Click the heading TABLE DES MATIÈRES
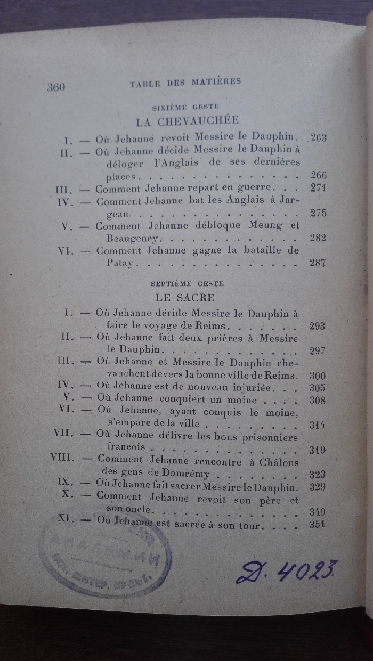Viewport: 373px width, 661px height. (x=185, y=82)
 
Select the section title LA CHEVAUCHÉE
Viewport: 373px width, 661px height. (x=186, y=121)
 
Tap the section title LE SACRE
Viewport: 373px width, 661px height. (x=185, y=297)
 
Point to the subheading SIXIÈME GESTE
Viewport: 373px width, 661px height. (x=185, y=107)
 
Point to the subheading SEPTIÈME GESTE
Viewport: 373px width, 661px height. (x=187, y=283)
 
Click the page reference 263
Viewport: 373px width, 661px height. (x=318, y=138)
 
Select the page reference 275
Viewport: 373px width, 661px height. (x=318, y=213)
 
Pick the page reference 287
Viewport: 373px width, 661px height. (x=318, y=263)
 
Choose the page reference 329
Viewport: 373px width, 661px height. (x=318, y=487)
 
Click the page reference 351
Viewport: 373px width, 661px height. (x=318, y=525)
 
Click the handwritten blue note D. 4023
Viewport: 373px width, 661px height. (x=288, y=571)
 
